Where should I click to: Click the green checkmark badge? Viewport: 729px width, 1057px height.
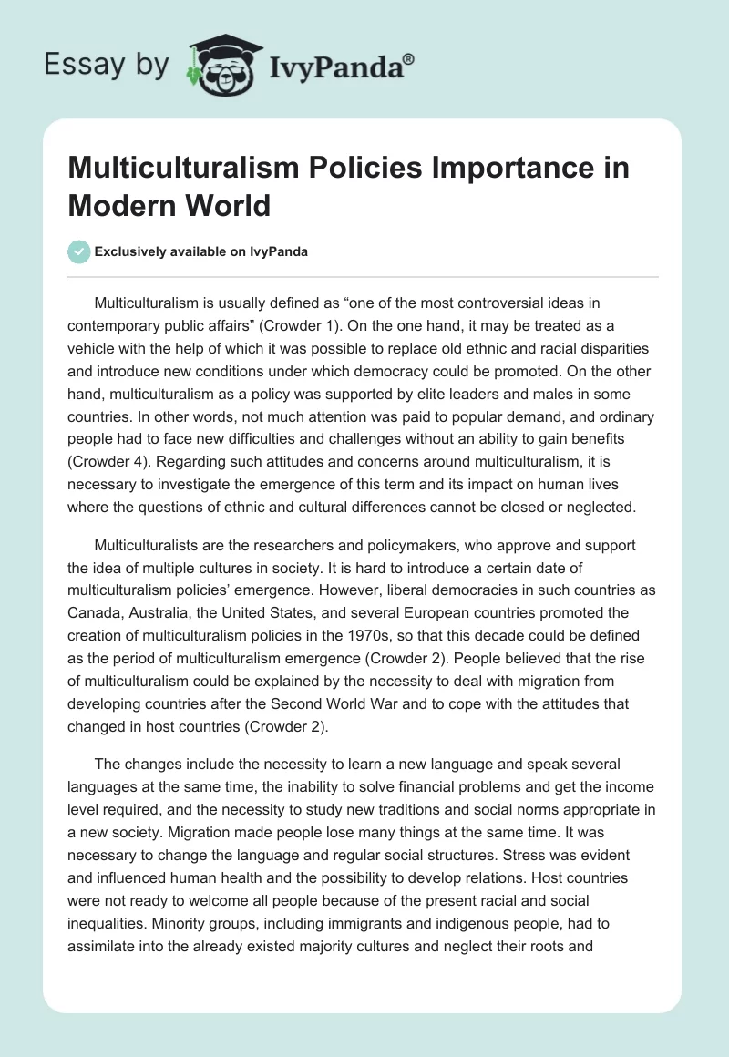click(79, 251)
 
